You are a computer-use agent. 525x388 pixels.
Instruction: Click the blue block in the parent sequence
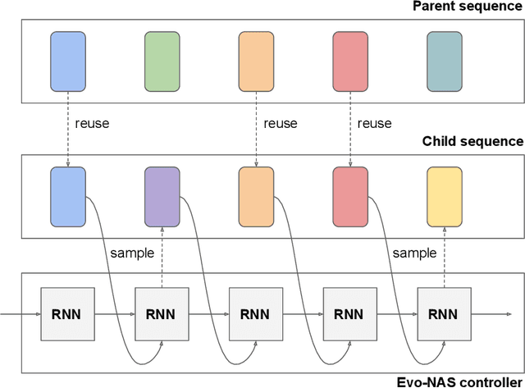(67, 61)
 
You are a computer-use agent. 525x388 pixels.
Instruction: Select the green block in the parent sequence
(162, 61)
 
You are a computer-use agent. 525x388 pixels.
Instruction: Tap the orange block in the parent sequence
(256, 61)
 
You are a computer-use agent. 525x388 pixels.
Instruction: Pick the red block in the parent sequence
(350, 61)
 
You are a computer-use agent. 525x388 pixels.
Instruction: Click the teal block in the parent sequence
(445, 61)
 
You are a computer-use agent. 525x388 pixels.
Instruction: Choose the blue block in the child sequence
(67, 196)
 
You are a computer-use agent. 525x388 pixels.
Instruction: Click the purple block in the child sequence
(162, 196)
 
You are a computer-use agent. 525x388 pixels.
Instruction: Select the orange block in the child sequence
(256, 196)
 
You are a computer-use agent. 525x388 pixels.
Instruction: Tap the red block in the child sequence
(350, 196)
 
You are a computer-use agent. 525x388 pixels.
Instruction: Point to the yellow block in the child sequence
(445, 196)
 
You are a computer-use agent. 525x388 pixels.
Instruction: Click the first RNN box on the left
(67, 314)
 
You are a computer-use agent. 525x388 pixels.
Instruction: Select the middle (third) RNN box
(256, 314)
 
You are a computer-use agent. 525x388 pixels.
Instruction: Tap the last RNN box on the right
(444, 314)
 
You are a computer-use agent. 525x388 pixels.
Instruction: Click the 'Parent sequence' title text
(467, 7)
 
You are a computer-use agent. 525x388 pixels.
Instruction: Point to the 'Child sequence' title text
(472, 141)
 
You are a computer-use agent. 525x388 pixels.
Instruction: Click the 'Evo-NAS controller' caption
(459, 381)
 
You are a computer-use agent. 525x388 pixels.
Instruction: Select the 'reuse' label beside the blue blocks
(92, 124)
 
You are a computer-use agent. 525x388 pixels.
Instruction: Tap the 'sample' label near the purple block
(131, 253)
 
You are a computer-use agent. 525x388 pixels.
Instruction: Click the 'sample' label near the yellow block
(414, 253)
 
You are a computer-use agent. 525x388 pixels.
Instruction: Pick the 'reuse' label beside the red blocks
(375, 124)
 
